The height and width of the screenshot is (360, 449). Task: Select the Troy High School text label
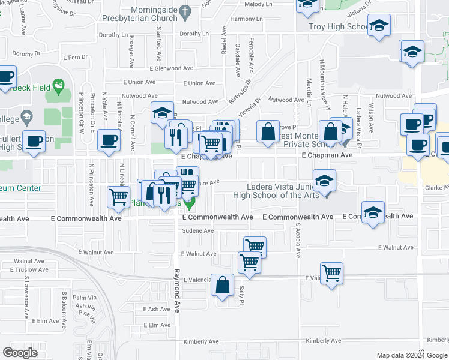[337, 27]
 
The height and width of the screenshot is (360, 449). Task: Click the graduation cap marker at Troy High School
[379, 26]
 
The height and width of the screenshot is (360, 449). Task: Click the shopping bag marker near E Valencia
[223, 285]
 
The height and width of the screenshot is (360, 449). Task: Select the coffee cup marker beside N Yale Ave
[109, 140]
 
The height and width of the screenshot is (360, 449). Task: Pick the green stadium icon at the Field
[59, 87]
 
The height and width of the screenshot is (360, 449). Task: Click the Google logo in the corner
[20, 353]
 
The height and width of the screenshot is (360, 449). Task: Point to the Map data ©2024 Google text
[412, 355]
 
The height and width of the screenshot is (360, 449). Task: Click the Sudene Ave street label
[198, 231]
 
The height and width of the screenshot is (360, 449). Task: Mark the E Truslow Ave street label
[31, 269]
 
